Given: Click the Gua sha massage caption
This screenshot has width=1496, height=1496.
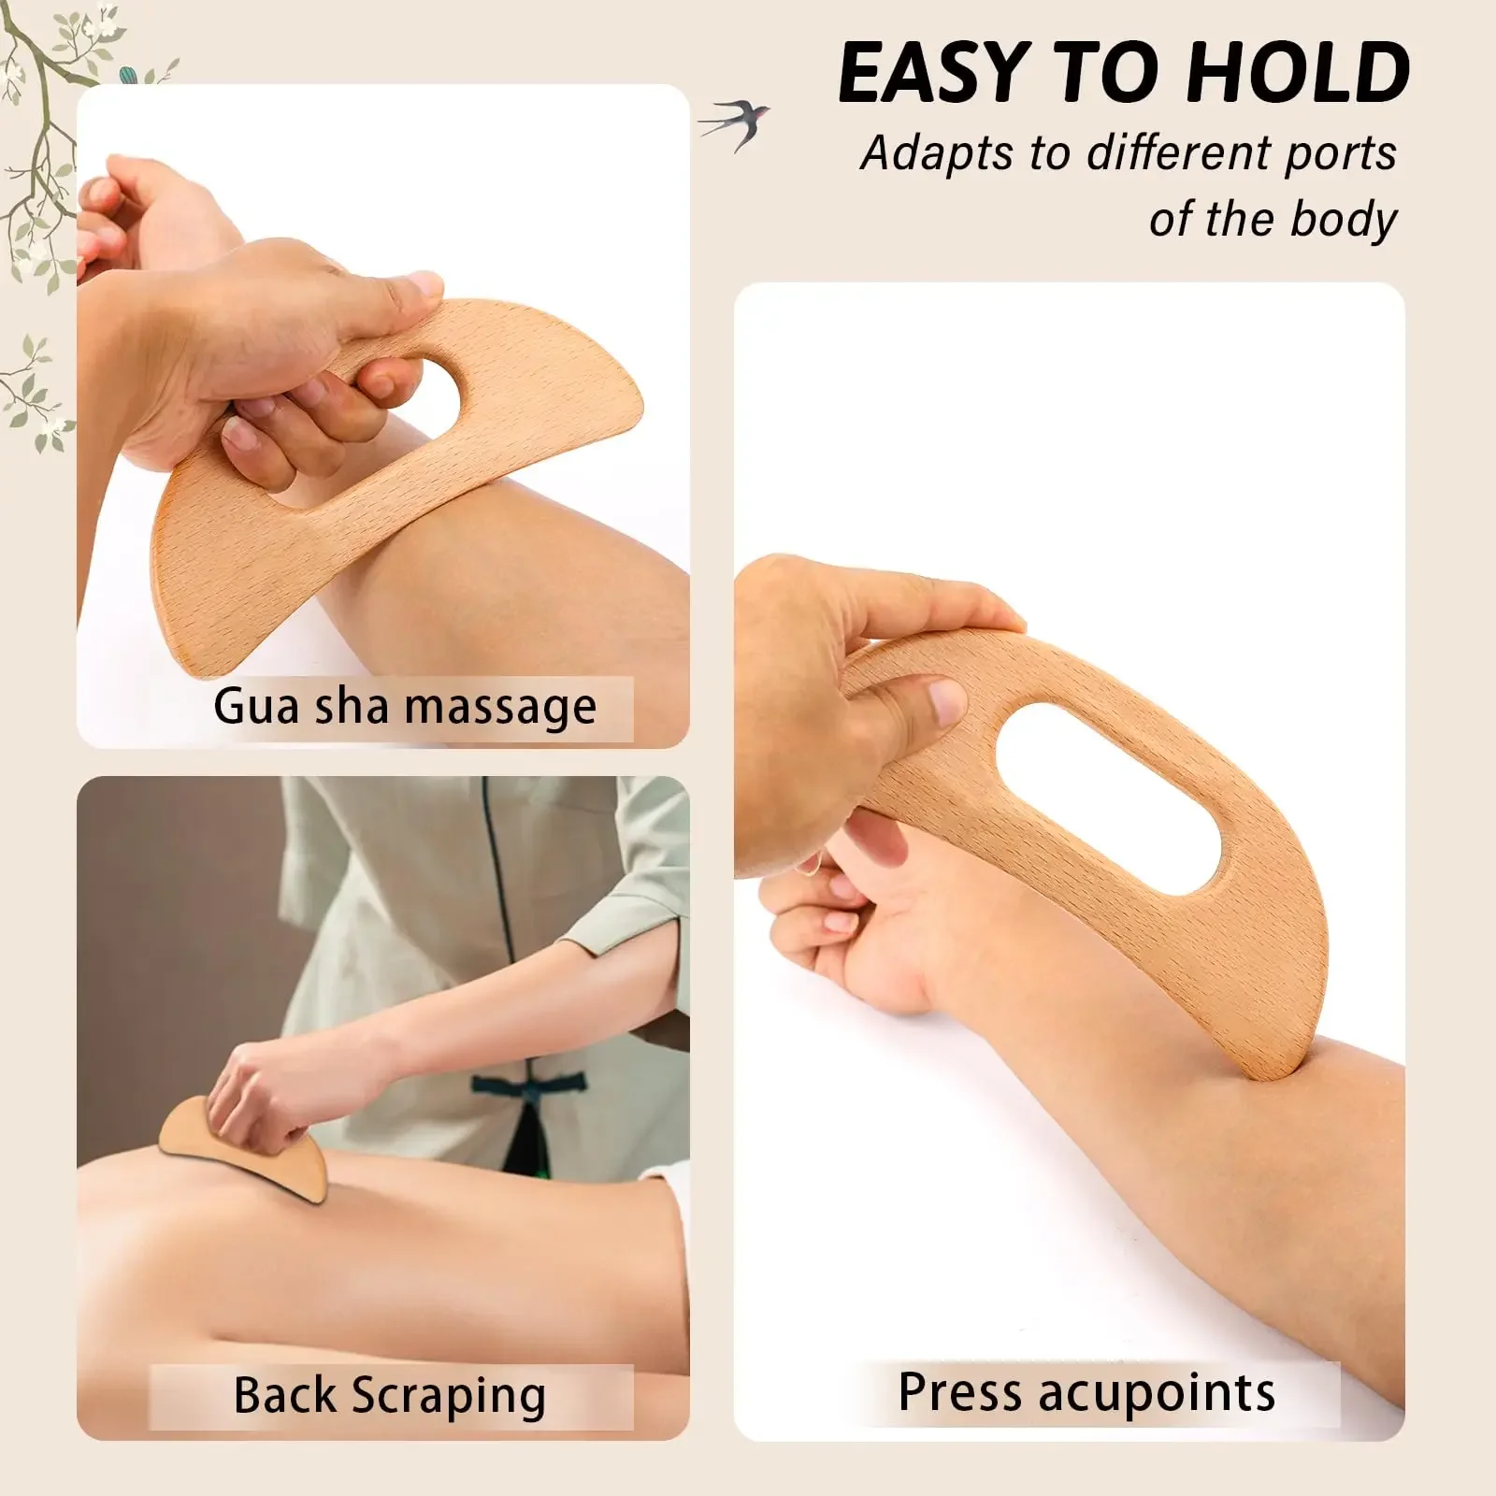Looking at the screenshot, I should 404,707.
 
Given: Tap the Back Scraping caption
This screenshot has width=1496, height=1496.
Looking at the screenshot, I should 389,1395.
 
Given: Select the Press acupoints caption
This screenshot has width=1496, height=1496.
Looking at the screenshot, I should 1086,1392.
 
